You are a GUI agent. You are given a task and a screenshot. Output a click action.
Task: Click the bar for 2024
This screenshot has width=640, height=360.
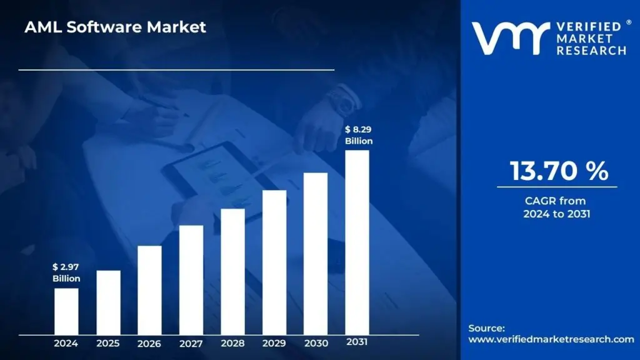(66, 311)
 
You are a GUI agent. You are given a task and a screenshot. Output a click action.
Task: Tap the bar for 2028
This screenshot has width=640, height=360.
(232, 271)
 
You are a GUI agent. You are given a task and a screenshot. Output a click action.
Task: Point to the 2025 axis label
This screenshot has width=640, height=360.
(108, 343)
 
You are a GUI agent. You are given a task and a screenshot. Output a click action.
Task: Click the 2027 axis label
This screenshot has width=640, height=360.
(191, 343)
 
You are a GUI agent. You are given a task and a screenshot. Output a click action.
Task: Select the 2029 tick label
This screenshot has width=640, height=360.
(274, 343)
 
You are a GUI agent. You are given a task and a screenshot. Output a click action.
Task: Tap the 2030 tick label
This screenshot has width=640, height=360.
(316, 343)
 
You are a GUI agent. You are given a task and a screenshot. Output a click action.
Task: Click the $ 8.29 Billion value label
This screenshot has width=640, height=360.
(358, 135)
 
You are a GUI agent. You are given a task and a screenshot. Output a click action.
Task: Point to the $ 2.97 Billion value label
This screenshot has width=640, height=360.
(66, 272)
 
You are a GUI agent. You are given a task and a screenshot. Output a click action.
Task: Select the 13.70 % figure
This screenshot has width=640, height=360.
(558, 171)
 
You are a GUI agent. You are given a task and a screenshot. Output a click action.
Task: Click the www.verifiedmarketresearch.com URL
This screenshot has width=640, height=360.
(551, 339)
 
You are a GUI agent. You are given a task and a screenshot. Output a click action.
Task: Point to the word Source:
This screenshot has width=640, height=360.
(486, 328)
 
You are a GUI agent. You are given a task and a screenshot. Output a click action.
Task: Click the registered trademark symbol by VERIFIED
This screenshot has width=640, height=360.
(629, 22)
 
